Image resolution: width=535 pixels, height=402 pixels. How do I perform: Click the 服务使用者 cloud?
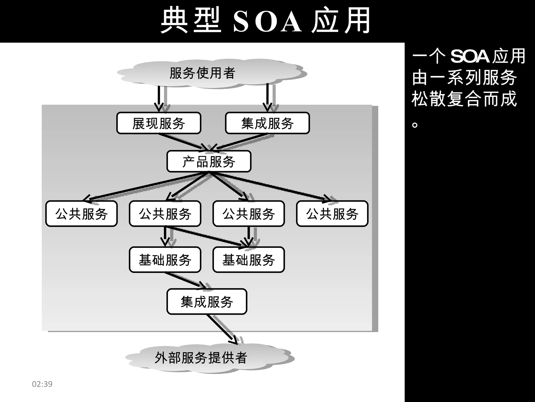[x=202, y=73]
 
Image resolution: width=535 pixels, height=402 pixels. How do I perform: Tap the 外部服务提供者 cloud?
[x=201, y=358]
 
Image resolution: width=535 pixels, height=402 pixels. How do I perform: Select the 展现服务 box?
[x=159, y=123]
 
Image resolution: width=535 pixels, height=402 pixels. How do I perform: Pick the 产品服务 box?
[x=209, y=161]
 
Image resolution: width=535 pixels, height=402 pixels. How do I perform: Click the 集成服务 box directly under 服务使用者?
[x=267, y=123]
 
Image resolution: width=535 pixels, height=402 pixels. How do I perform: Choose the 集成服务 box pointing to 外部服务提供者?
[x=207, y=301]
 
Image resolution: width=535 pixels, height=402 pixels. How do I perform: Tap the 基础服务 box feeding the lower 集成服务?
[x=165, y=260]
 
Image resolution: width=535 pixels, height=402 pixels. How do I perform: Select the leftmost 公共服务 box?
[x=81, y=214]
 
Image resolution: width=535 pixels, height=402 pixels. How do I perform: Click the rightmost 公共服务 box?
[x=332, y=214]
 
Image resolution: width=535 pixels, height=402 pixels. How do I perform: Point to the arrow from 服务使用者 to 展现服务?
[x=158, y=98]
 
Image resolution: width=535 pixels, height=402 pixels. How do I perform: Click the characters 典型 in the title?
[x=191, y=21]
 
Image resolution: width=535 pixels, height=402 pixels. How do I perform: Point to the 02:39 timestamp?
[x=42, y=384]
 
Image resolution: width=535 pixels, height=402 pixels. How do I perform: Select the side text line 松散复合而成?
[x=464, y=99]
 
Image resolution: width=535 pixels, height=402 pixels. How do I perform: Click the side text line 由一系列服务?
[x=464, y=78]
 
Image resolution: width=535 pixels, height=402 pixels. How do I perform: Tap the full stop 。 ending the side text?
[x=415, y=124]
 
